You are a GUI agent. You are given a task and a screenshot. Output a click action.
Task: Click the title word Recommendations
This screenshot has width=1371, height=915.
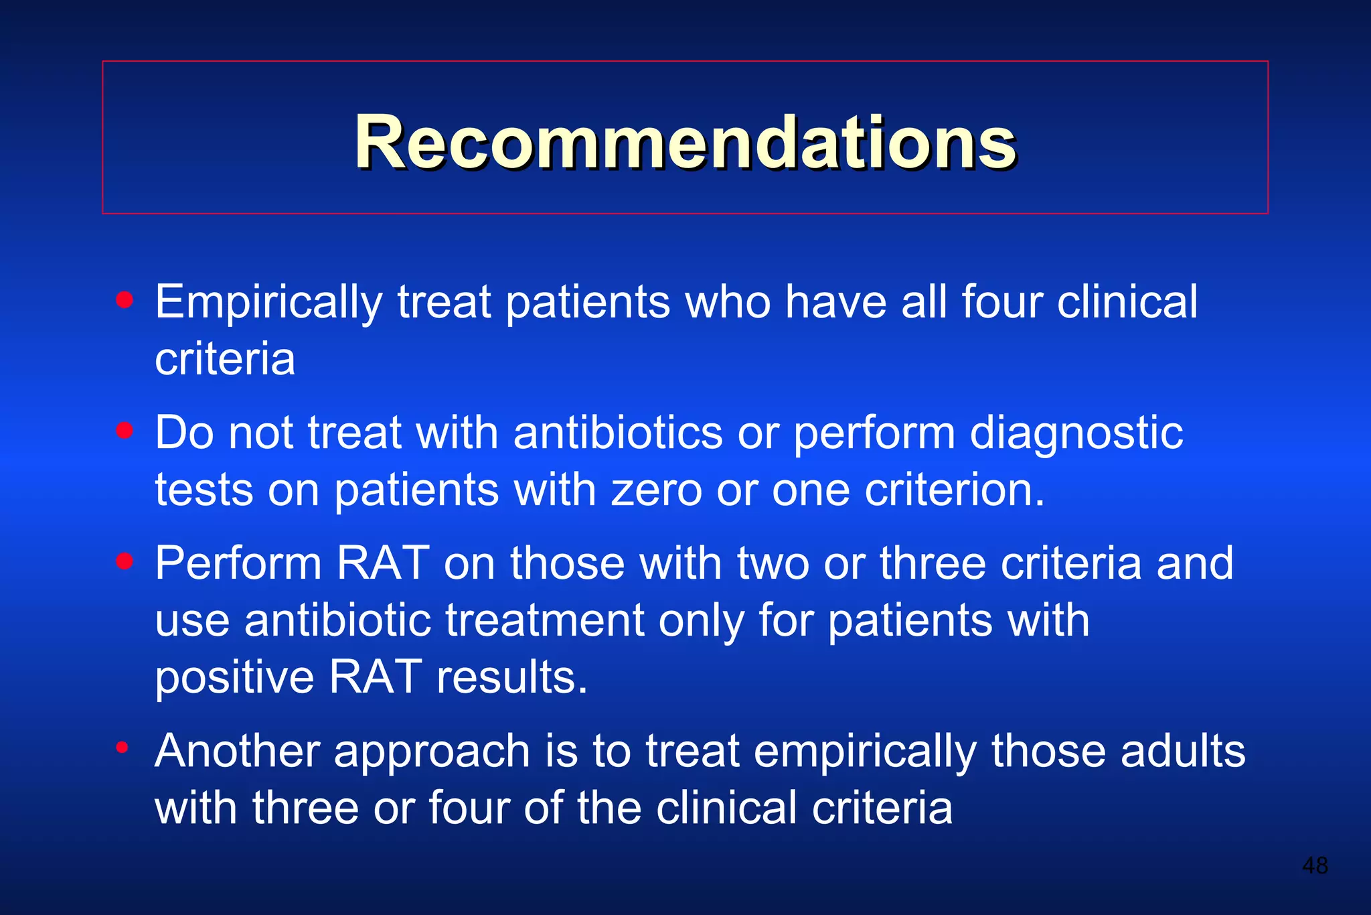(685, 143)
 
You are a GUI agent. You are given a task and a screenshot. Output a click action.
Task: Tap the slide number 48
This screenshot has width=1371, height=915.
(1315, 865)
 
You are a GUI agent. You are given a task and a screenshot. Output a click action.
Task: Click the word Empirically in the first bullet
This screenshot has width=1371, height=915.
(268, 303)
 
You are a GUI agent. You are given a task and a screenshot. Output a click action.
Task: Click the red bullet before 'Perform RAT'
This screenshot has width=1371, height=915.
(125, 561)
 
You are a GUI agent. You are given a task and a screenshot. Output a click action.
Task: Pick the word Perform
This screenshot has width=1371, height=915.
(238, 563)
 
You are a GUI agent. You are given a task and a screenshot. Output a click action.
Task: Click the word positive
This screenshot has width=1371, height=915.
(234, 677)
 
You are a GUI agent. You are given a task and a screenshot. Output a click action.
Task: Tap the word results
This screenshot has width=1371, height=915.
(512, 677)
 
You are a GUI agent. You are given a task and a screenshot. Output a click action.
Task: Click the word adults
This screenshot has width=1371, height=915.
(1183, 751)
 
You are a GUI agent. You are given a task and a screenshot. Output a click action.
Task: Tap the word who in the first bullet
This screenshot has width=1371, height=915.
(728, 303)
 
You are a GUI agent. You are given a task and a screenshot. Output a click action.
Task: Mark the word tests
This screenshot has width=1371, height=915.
(204, 490)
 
